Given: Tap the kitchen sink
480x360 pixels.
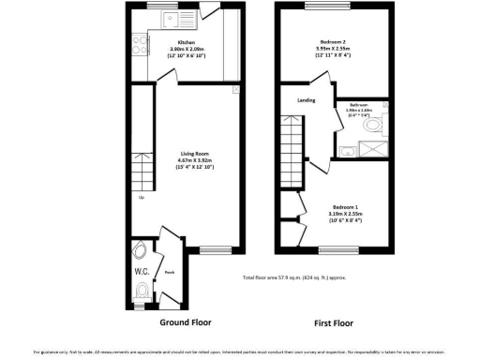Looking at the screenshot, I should click(x=171, y=16).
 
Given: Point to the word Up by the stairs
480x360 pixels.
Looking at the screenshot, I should click(x=142, y=198).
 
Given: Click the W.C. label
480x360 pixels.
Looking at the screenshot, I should click(x=142, y=272).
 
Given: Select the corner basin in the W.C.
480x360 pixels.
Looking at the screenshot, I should click(x=140, y=250).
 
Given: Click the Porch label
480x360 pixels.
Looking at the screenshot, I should click(x=170, y=273).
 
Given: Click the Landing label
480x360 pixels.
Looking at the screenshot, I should click(x=306, y=99).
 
